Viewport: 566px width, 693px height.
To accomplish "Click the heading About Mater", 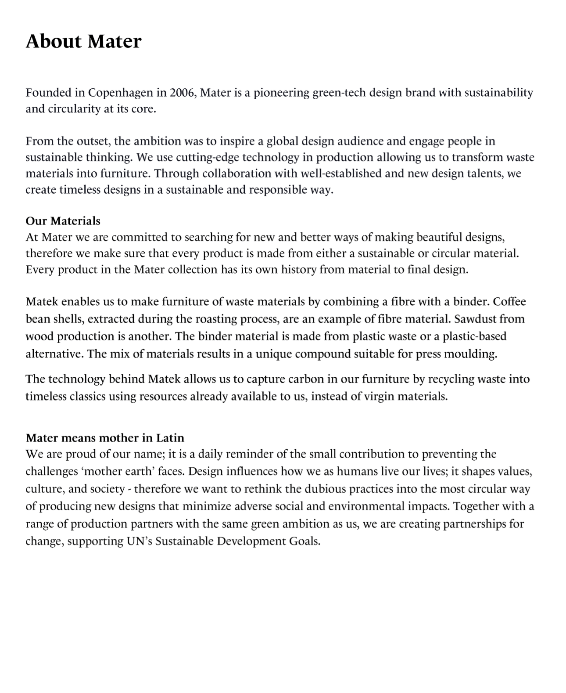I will click(x=83, y=41).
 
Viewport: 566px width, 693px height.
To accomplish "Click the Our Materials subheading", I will click(x=63, y=221).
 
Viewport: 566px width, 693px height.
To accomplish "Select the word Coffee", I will click(x=509, y=302).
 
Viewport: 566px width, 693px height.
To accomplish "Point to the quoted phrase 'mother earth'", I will click(x=117, y=472).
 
